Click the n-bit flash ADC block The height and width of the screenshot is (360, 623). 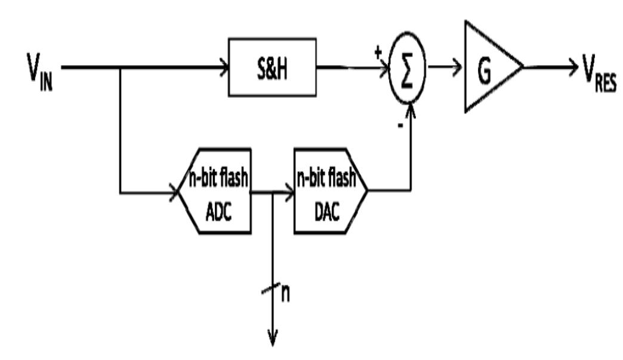pos(215,191)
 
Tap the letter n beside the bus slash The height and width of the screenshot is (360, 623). pos(286,296)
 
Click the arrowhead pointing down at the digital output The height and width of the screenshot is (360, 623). pos(273,339)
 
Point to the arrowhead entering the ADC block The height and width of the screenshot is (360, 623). pos(175,192)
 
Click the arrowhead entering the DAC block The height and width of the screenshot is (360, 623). pos(290,192)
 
